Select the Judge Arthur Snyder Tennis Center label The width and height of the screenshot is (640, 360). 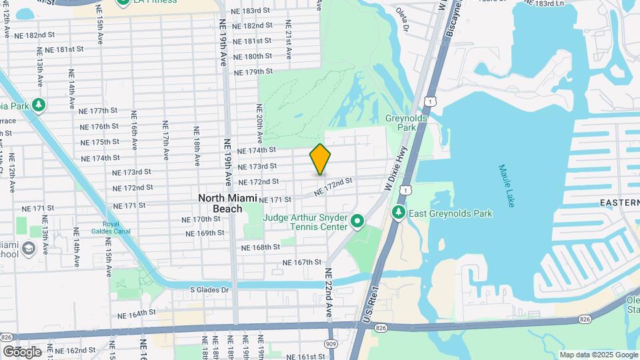pyautogui.click(x=305, y=222)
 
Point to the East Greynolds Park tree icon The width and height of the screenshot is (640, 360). pyautogui.click(x=399, y=213)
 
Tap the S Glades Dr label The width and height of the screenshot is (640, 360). pyautogui.click(x=209, y=290)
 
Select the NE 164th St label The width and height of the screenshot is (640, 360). pyautogui.click(x=136, y=312)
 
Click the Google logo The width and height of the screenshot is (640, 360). pyautogui.click(x=22, y=351)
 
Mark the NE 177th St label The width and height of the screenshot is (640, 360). pyautogui.click(x=98, y=111)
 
